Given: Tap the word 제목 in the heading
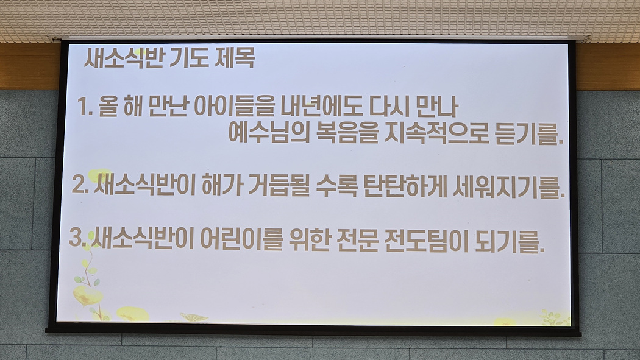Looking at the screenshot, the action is pyautogui.click(x=235, y=58).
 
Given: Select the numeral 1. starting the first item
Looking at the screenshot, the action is pyautogui.click(x=86, y=107).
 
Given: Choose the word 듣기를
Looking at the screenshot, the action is pyautogui.click(x=529, y=133).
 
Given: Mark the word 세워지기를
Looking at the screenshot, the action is pyautogui.click(x=510, y=188).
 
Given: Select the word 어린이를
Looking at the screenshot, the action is pyautogui.click(x=241, y=239).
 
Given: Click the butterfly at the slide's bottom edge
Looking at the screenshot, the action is pyautogui.click(x=194, y=317).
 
